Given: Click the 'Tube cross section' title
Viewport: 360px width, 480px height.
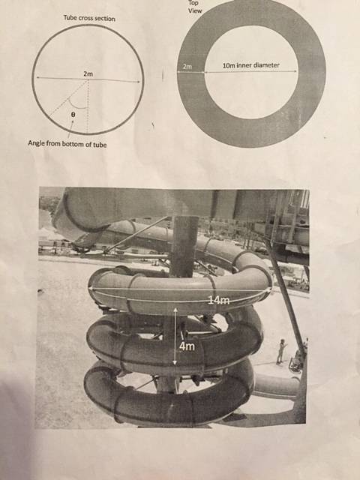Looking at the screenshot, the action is [x=89, y=18].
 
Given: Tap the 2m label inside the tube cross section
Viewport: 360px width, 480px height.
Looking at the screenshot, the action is [x=88, y=73].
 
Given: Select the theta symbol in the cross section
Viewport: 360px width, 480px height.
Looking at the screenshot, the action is [x=73, y=114].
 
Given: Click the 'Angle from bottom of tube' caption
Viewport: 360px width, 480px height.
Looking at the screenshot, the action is [x=67, y=143].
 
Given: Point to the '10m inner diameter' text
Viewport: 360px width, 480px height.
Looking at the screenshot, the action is [x=251, y=65].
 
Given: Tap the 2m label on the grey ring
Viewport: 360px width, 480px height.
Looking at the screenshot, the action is [x=187, y=66].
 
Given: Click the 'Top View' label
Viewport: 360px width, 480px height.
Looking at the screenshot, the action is [x=195, y=7].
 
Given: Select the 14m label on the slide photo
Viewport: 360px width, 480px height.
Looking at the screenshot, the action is [x=219, y=300].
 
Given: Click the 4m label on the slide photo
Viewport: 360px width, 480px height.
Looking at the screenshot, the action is [x=187, y=346].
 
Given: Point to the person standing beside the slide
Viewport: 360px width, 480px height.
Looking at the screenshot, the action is [x=281, y=352].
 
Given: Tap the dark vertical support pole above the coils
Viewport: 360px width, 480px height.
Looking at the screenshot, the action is [x=184, y=247].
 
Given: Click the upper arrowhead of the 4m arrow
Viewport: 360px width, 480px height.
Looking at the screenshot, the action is [x=175, y=310].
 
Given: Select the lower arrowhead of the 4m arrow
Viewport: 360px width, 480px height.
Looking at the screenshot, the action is [x=175, y=363].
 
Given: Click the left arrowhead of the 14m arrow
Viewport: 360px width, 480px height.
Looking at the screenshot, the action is [x=91, y=288].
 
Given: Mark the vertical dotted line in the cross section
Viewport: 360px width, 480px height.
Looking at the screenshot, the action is [x=88, y=106].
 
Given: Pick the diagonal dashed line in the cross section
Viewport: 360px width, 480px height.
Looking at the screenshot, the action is [x=68, y=98].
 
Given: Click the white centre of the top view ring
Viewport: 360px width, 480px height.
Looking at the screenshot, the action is [x=251, y=72].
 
